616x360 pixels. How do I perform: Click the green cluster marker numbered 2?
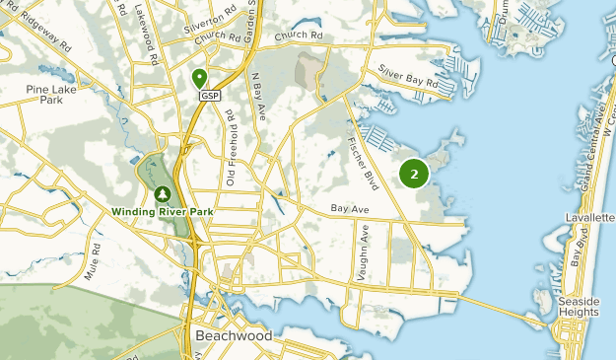(414, 175)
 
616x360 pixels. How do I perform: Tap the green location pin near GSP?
(200, 77)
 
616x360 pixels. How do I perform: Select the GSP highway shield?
(209, 95)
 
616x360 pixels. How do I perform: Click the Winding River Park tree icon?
(162, 193)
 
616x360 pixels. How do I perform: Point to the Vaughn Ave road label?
(363, 253)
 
